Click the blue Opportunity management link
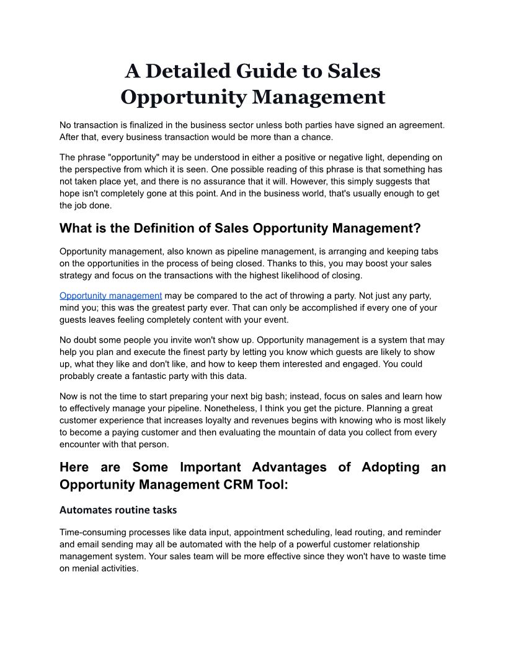(110, 295)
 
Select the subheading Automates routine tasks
(118, 510)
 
